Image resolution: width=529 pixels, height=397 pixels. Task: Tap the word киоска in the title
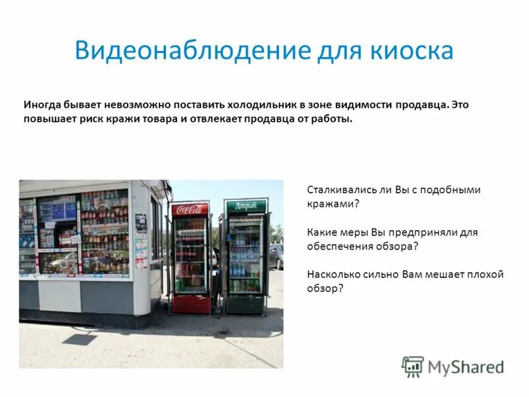[x=413, y=51]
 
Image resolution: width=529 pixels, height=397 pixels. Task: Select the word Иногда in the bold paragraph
[x=43, y=105]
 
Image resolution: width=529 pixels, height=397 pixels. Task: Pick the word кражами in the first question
[x=333, y=204]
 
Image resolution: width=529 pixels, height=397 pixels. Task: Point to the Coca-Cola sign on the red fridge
[x=190, y=210]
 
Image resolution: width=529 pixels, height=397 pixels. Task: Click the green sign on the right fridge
[x=245, y=206]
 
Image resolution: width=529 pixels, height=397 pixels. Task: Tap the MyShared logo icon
[x=413, y=366]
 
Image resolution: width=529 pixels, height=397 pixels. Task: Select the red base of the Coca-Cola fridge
[x=190, y=304]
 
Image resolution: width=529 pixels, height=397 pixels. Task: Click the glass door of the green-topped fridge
[x=245, y=255]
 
